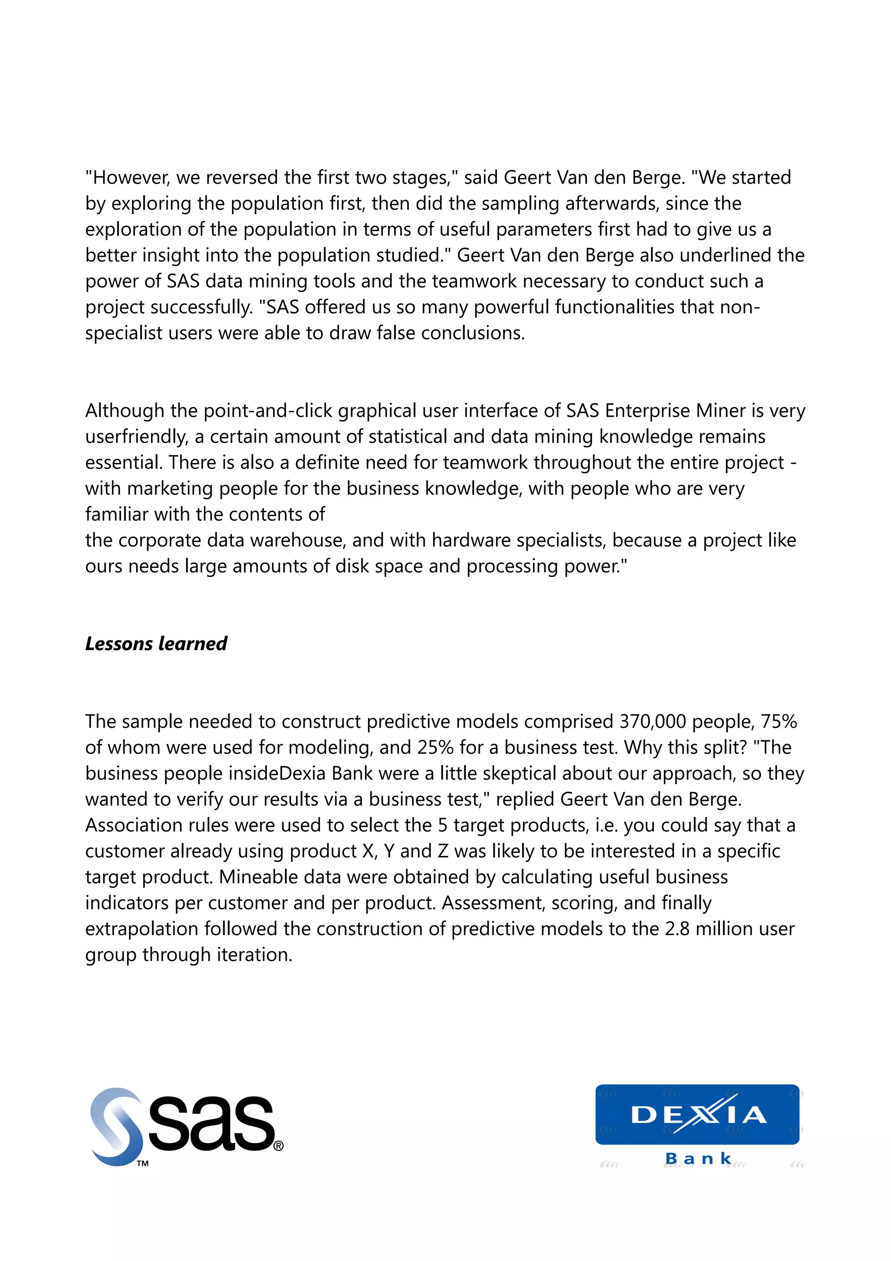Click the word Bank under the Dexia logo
(x=698, y=1158)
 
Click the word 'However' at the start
(x=131, y=178)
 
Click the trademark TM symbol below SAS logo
(x=143, y=1163)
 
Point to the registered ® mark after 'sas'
(x=278, y=1146)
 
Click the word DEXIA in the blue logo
(x=698, y=1115)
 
